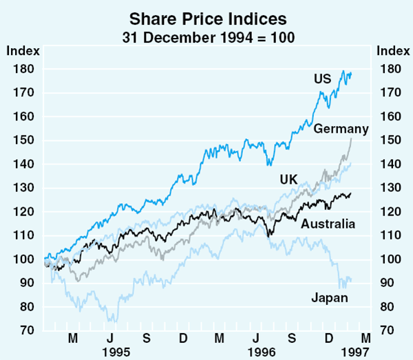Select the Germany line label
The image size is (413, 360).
[x=341, y=129]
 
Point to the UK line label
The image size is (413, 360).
[x=288, y=180]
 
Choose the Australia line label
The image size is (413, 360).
[x=328, y=224]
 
